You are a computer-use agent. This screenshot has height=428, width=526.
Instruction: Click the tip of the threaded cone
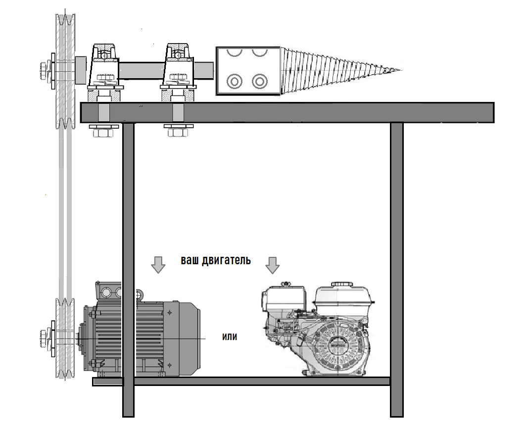pyautogui.click(x=401, y=70)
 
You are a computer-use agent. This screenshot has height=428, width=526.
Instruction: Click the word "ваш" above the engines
pyautogui.click(x=190, y=260)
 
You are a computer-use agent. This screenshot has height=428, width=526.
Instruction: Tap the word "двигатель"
pyautogui.click(x=227, y=261)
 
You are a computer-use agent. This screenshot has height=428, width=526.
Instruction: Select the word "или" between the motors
pyautogui.click(x=230, y=336)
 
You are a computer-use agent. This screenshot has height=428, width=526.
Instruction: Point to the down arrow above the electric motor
pyautogui.click(x=158, y=265)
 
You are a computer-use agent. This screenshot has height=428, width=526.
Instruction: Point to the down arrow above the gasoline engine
pyautogui.click(x=272, y=265)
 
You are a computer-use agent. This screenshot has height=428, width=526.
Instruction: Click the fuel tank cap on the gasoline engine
pyautogui.click(x=342, y=285)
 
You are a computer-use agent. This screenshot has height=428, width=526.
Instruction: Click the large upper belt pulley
pyautogui.click(x=65, y=71)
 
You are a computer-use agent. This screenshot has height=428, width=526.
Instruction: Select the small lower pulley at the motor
pyautogui.click(x=65, y=339)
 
